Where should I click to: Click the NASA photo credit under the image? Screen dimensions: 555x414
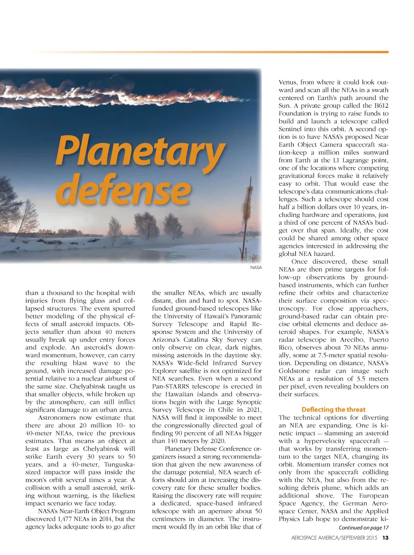point(256,268)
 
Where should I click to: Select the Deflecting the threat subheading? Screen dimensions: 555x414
point(333,410)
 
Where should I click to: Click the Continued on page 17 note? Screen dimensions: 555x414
point(363,527)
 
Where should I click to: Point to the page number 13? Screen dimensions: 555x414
point(385,538)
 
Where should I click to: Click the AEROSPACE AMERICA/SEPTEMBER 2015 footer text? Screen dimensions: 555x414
point(334,538)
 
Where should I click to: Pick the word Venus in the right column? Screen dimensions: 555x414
point(287,82)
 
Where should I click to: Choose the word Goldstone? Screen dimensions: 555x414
point(293,371)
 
